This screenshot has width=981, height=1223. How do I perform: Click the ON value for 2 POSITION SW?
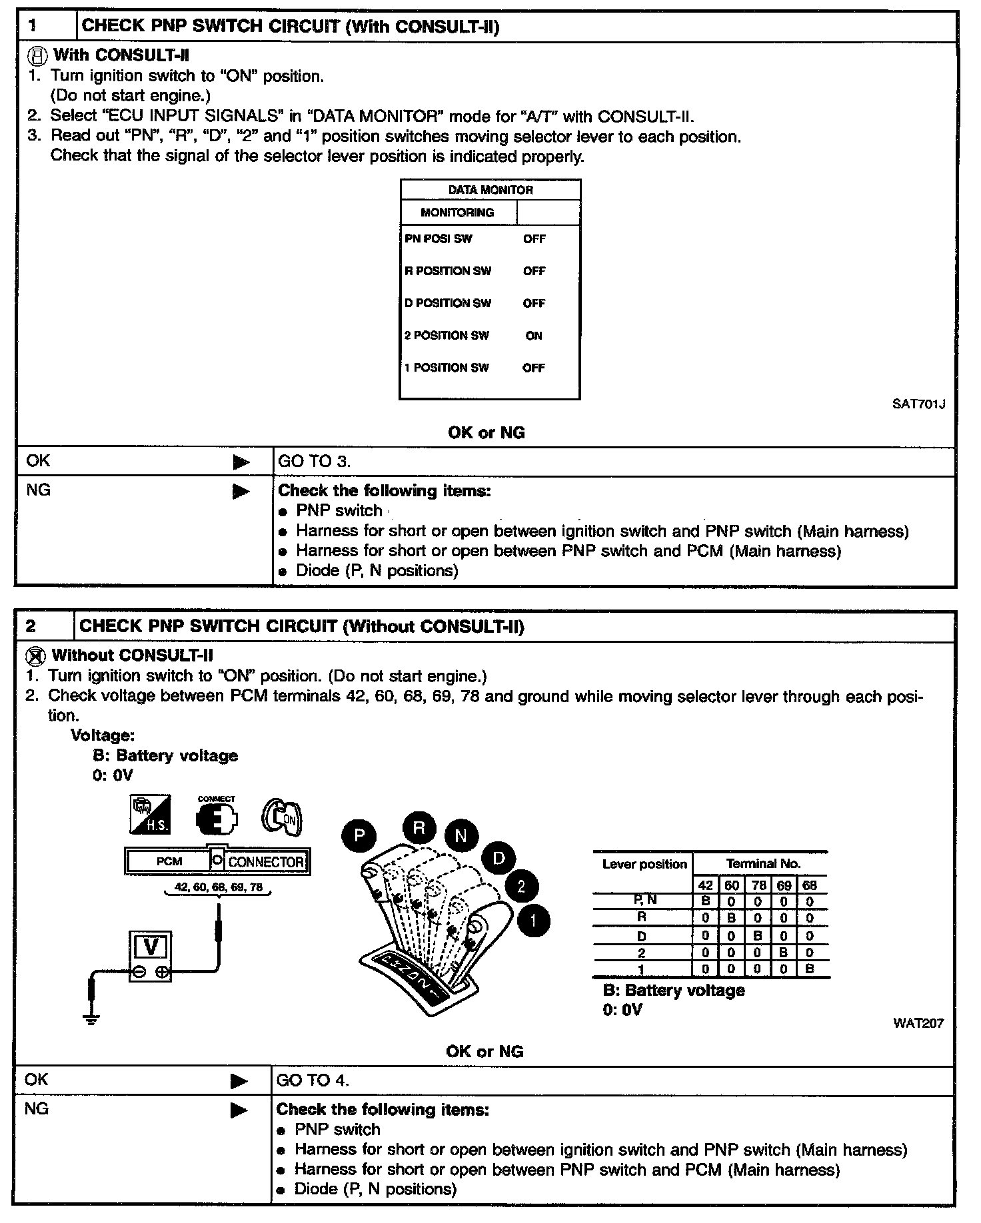pyautogui.click(x=534, y=336)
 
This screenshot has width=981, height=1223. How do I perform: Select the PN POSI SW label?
pyautogui.click(x=438, y=238)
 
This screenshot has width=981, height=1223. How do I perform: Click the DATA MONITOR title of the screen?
pyautogui.click(x=490, y=190)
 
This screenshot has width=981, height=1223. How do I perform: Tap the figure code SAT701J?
pyautogui.click(x=918, y=404)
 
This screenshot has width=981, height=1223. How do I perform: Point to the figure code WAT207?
pyautogui.click(x=918, y=1023)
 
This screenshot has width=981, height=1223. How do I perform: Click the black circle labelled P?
pyautogui.click(x=359, y=835)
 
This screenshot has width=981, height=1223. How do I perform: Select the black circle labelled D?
pyautogui.click(x=499, y=859)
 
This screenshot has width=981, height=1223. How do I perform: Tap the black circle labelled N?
pyautogui.click(x=461, y=836)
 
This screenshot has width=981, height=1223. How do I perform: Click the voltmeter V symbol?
pyautogui.click(x=151, y=947)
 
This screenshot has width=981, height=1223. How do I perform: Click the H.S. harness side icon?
pyautogui.click(x=150, y=814)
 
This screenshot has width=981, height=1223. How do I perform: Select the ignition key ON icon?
pyautogui.click(x=282, y=817)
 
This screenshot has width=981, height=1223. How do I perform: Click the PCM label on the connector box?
pyautogui.click(x=169, y=861)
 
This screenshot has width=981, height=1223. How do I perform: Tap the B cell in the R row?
pyautogui.click(x=731, y=918)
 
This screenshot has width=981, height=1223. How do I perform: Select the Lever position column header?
pyautogui.click(x=644, y=865)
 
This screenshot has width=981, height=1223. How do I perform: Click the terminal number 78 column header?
pyautogui.click(x=758, y=886)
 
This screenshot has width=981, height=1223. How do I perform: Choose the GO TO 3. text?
pyautogui.click(x=314, y=462)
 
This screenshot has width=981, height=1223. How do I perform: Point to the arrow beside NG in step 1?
pyautogui.click(x=241, y=492)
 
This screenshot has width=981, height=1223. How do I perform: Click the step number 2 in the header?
pyautogui.click(x=31, y=626)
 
